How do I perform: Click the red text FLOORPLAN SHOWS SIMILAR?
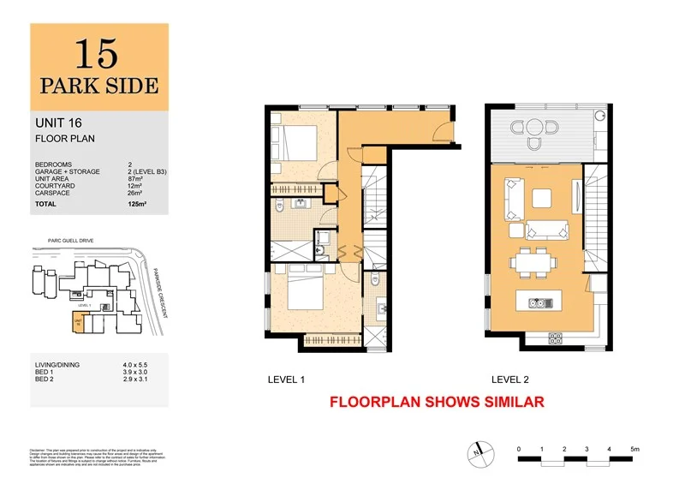coord(437,401)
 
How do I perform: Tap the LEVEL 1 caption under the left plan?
coord(287,379)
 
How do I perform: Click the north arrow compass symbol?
coord(478,449)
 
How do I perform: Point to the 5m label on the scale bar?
coord(634,449)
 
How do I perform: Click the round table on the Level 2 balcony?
coord(535,131)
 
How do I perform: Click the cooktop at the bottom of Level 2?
coord(555,336)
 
